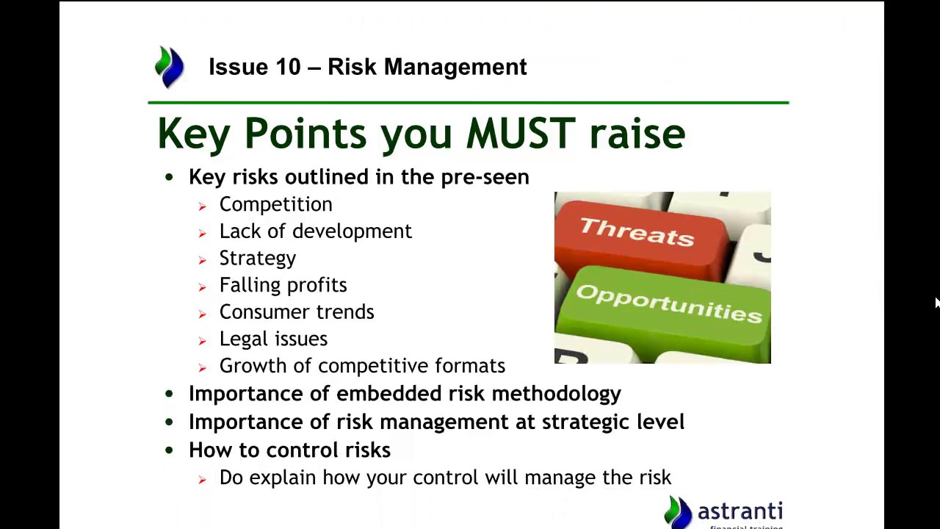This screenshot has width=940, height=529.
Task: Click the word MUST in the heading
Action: coord(521,134)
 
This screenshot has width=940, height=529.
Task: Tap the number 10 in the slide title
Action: coord(289,67)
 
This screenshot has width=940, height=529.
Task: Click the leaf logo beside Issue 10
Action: coord(170,67)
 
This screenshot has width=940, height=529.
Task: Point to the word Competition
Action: coord(275,205)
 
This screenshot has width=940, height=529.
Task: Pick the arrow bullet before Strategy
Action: coord(202,260)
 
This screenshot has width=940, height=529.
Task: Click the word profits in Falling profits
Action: coord(317,286)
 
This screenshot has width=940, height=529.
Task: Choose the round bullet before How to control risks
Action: coord(169,450)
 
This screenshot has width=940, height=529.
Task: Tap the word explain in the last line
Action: coord(283,478)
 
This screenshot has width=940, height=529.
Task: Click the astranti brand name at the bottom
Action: coord(740,511)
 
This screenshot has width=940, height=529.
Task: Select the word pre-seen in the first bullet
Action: coord(485,177)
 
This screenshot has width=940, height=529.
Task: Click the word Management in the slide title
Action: coord(455,67)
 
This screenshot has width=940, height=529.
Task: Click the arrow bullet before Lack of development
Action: coord(202,234)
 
